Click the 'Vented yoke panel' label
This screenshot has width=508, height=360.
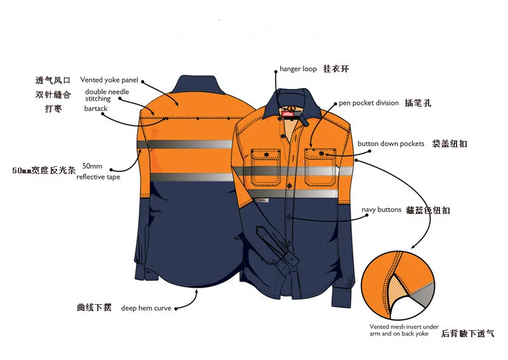(109, 81)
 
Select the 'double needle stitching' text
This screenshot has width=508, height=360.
(107, 95)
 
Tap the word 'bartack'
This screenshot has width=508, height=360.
(96, 109)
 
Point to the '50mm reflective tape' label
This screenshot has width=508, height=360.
(98, 171)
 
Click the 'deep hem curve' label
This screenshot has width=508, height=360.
(145, 308)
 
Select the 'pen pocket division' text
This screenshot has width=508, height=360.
(368, 103)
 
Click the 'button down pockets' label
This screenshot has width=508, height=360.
(391, 144)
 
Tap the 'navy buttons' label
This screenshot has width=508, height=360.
(381, 210)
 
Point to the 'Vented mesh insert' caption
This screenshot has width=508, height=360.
(404, 330)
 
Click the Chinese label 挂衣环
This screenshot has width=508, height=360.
(336, 69)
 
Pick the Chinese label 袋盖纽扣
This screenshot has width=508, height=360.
(450, 144)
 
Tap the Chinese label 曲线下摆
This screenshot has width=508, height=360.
(94, 308)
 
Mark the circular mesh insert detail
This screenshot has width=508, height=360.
(400, 288)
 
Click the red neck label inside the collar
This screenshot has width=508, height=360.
(293, 113)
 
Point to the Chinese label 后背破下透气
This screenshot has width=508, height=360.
(467, 333)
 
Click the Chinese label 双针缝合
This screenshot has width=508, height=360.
(53, 95)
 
